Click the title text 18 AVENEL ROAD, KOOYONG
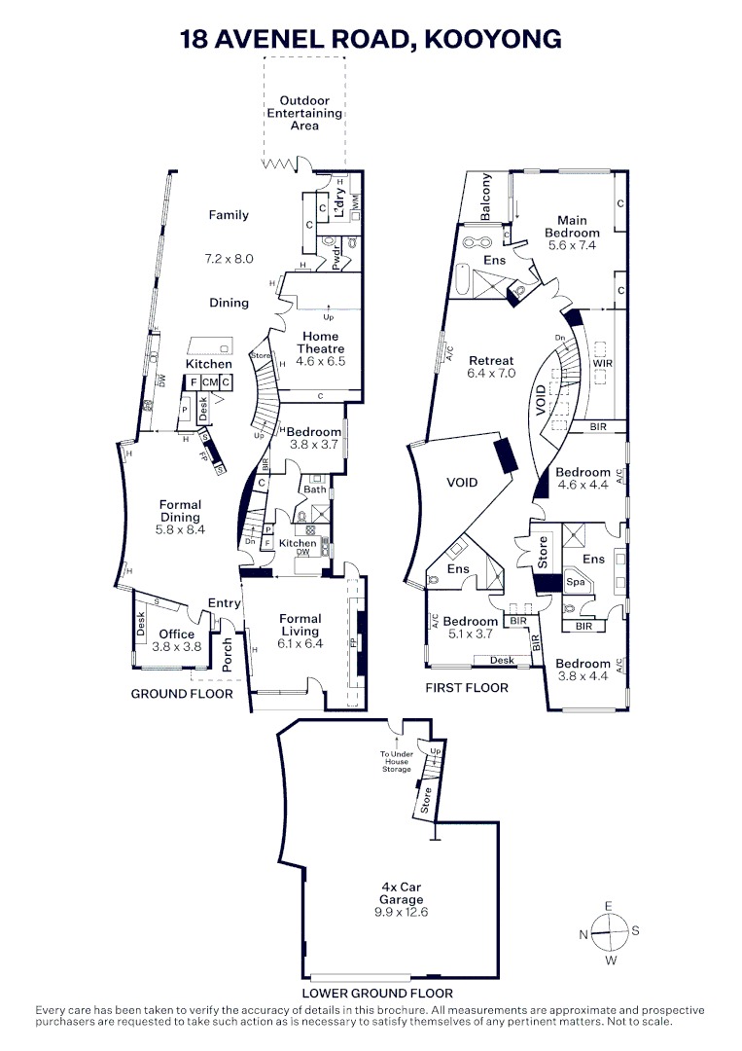point(371,39)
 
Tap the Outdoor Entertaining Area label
point(304,113)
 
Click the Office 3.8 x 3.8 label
point(177,639)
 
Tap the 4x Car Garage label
point(401,899)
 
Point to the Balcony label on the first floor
point(487,198)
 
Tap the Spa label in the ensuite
point(575,583)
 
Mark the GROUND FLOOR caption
point(182,694)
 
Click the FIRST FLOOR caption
point(467,687)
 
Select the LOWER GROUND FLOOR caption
point(377,994)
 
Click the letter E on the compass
point(609,906)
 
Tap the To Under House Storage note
point(397,761)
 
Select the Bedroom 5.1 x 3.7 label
point(472,627)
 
